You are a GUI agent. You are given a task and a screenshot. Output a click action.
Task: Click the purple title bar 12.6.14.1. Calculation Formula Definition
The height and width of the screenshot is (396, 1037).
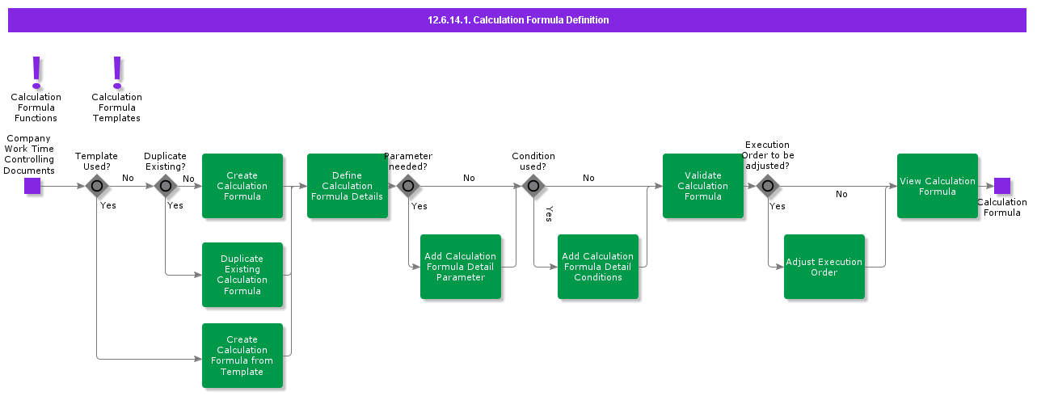coord(517,19)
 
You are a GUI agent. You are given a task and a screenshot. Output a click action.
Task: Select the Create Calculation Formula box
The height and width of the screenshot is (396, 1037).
coord(242,186)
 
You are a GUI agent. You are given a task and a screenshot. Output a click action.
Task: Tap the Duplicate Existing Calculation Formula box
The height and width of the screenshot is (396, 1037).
coord(242,275)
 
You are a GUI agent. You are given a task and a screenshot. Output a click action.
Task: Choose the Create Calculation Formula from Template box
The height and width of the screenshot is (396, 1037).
coord(242,356)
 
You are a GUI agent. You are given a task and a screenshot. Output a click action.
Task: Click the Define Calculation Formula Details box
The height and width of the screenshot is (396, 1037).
coord(348,186)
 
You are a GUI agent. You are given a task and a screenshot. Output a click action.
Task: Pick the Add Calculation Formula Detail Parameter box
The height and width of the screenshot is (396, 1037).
coord(461,267)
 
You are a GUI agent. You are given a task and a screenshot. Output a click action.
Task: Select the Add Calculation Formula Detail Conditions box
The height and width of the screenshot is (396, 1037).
coord(598,267)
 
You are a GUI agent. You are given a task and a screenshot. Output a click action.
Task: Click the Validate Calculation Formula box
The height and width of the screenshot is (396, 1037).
coord(703,186)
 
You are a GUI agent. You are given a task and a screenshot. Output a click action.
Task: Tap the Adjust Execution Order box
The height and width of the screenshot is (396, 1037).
coord(824,267)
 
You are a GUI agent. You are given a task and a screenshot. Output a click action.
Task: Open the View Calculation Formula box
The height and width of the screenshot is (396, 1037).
coord(938,186)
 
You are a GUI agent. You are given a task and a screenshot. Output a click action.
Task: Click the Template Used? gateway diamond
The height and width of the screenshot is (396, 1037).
coord(97,186)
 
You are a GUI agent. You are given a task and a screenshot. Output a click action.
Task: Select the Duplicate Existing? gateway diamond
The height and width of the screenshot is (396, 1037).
coord(166,186)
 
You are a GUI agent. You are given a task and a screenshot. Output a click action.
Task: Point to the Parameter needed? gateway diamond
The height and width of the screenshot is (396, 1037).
coord(408,186)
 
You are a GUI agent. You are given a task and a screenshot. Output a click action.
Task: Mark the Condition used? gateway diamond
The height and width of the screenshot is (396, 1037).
coord(533,186)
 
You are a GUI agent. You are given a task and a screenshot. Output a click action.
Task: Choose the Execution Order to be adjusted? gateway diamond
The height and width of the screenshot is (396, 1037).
coord(768,186)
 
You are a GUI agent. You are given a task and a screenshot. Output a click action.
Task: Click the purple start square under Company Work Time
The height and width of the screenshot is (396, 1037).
coord(32,186)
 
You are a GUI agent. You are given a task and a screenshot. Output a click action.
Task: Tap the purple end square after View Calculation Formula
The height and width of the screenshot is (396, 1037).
coord(1002,186)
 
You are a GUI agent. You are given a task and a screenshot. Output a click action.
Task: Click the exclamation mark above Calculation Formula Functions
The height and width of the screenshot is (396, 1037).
coord(36,72)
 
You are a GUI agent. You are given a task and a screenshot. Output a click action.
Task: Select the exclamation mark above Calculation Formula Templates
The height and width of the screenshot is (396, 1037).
coord(117,72)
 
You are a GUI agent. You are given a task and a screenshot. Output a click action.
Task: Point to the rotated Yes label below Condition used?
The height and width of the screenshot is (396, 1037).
coord(549,214)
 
